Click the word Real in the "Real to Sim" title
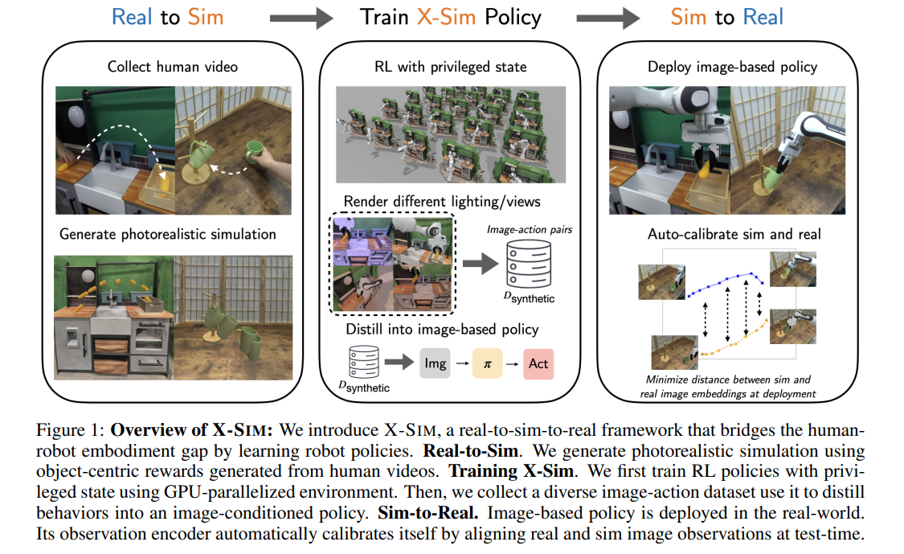(x=133, y=17)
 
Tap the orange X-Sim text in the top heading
(x=446, y=17)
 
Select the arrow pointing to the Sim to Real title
(x=607, y=18)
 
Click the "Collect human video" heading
(x=173, y=67)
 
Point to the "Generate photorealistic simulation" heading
(x=168, y=234)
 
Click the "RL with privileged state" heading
(x=450, y=67)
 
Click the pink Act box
(x=538, y=363)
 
